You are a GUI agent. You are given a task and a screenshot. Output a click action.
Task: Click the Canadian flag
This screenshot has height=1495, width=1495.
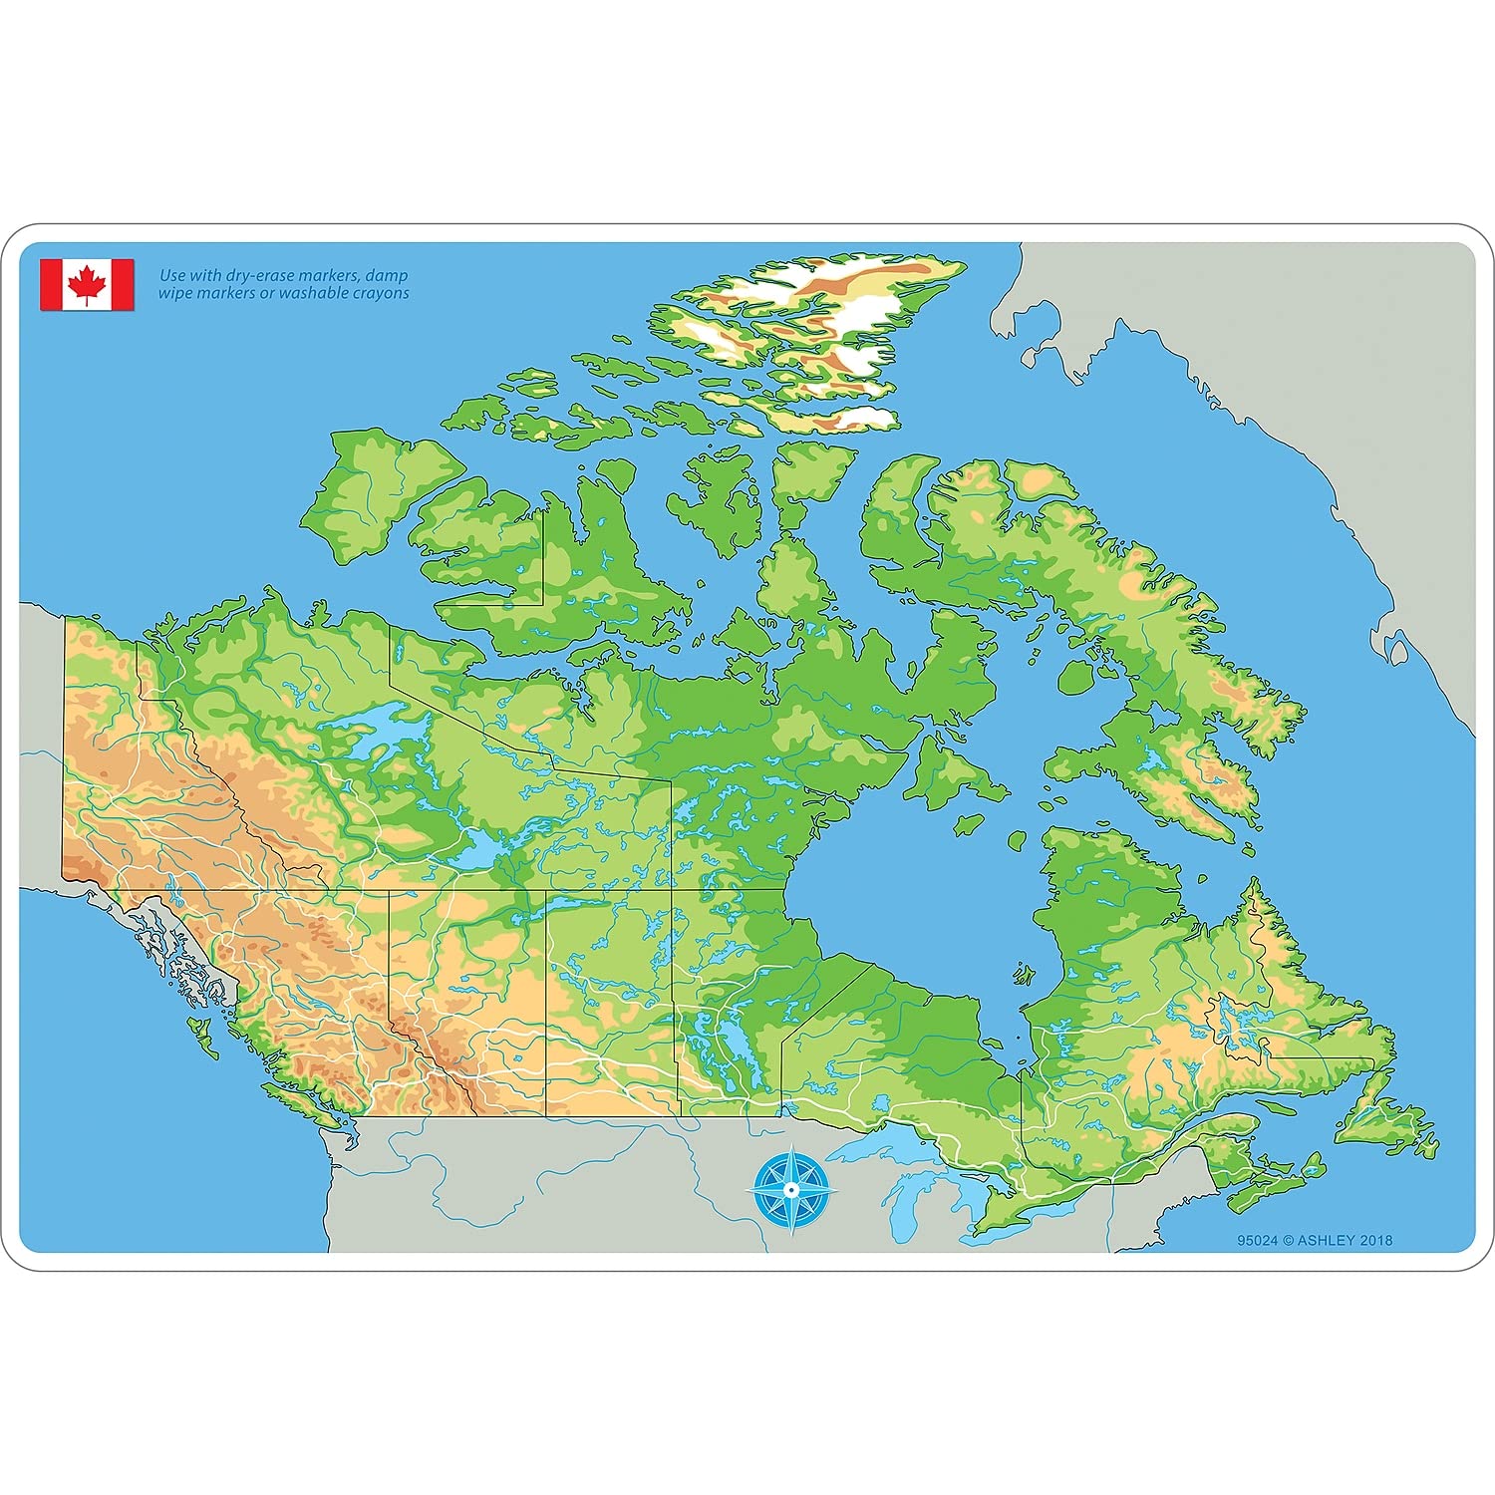87,285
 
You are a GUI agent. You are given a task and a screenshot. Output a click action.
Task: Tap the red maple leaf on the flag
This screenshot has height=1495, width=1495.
87,284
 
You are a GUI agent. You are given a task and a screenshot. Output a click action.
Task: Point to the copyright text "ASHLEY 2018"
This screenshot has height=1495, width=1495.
1345,1240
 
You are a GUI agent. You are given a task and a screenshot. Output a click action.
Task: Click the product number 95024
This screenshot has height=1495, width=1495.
1257,1240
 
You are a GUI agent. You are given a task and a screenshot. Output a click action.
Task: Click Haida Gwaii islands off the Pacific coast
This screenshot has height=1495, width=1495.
204,1037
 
